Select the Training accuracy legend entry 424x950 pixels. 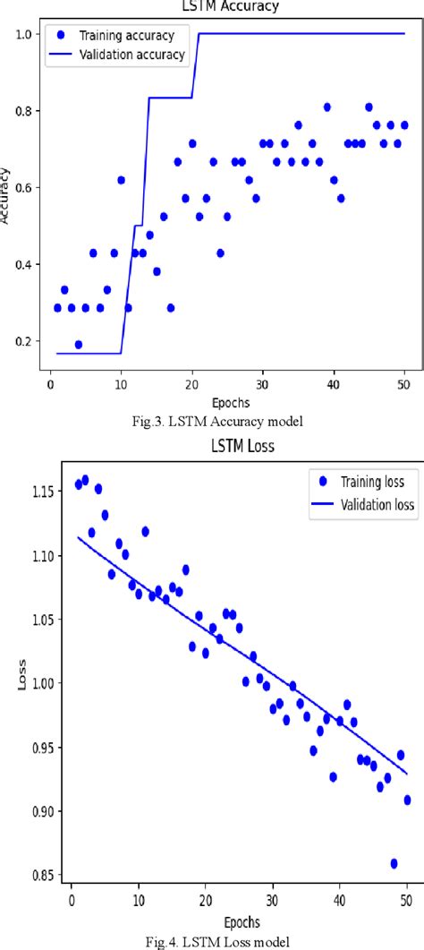134,37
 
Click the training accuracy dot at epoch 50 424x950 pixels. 404,125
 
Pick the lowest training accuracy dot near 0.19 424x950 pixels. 79,344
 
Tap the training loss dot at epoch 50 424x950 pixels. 407,800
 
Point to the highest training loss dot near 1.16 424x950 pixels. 85,480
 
